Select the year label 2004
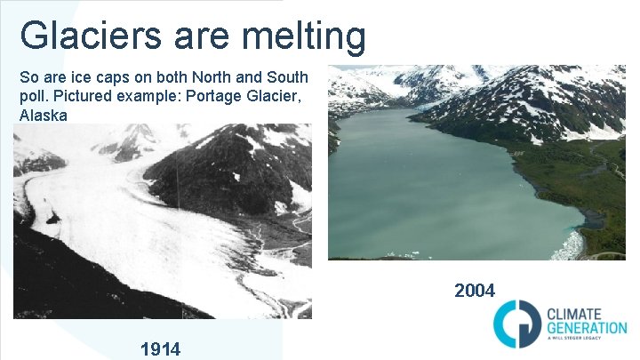[x=475, y=290]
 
